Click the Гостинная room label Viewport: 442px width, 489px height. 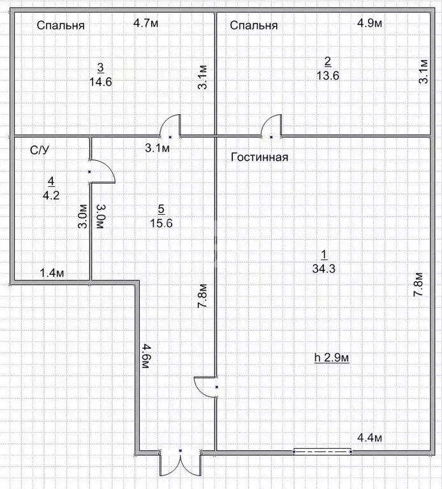click(259, 157)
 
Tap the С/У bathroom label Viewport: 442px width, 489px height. click(40, 150)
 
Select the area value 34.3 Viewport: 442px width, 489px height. click(324, 268)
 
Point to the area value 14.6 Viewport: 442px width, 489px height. click(100, 81)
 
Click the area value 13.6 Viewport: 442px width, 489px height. click(327, 75)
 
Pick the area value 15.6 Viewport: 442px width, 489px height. click(161, 223)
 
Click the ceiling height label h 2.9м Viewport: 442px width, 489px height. click(332, 358)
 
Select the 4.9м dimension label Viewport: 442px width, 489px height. click(369, 23)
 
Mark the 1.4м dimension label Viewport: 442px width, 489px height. click(52, 273)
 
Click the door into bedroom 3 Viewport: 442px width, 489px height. click(170, 126)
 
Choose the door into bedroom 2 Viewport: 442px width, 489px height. click(271, 126)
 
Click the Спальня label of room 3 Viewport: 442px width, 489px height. click(61, 26)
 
